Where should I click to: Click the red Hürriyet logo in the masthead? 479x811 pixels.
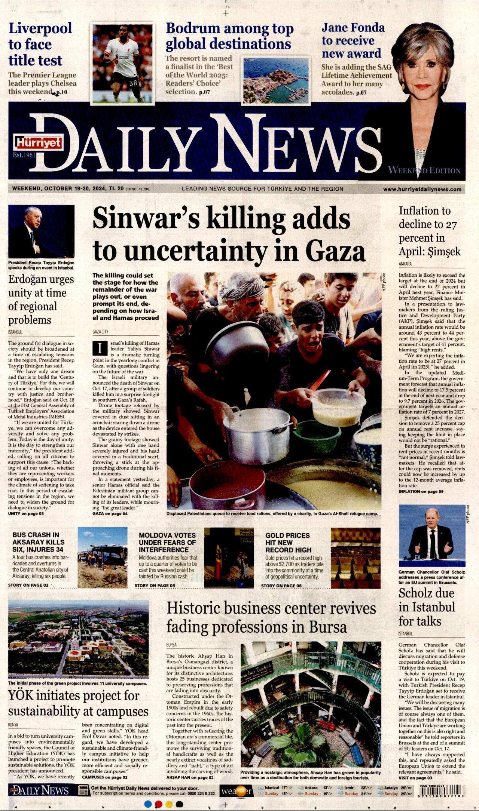39,143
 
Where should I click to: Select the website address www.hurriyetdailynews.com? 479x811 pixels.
422,189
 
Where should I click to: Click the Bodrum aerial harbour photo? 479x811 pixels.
276,80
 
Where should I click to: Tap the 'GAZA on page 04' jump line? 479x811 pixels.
110,514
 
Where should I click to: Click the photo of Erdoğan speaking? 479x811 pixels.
41,231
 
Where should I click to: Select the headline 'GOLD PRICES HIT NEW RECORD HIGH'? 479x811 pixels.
288,543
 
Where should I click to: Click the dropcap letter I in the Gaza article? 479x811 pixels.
100,348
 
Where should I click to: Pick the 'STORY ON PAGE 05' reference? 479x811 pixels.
155,586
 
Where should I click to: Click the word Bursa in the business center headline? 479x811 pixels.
328,627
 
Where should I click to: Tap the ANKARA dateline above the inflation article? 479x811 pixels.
405,264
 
